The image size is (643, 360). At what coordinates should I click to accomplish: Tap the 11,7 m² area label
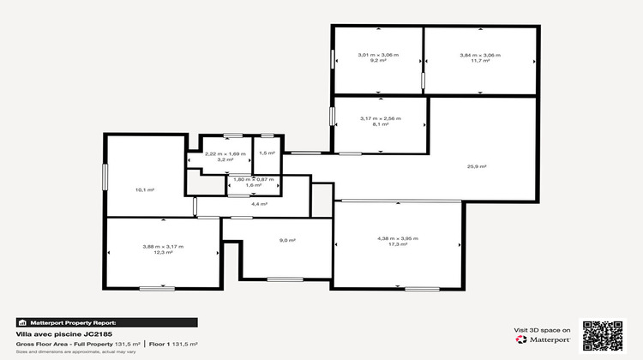coord(479,61)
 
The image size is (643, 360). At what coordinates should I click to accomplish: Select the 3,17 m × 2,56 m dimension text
coord(381,124)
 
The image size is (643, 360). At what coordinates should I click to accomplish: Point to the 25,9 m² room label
coord(476,166)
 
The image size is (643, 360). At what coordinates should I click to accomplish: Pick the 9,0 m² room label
coord(286,240)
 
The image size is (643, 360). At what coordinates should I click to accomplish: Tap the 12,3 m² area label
coord(163,253)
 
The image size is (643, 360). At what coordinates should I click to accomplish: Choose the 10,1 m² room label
coord(145,189)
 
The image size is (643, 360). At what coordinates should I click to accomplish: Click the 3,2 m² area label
coord(224,159)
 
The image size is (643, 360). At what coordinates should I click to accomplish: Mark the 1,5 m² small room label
coord(267,153)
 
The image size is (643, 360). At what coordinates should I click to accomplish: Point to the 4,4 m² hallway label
coord(259,204)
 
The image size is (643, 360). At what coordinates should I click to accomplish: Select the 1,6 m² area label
coord(253,184)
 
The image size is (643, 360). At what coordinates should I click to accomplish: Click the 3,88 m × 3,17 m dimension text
coord(163,247)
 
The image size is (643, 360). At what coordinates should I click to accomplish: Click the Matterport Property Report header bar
coord(107,322)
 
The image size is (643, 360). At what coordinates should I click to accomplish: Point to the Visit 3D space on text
coord(542,329)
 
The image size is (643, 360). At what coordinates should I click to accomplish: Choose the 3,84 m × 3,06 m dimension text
coord(479,55)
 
